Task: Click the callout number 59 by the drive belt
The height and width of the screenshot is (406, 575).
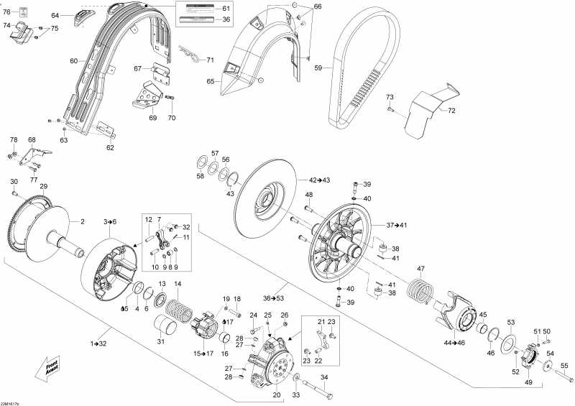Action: [318, 68]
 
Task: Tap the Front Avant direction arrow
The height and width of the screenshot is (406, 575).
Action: [47, 367]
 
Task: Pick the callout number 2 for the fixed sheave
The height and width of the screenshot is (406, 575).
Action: [82, 221]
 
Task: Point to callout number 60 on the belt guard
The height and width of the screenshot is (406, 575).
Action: [73, 61]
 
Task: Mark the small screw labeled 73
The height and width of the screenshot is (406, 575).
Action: [390, 109]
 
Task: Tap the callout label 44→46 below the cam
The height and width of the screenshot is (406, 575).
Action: [454, 343]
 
